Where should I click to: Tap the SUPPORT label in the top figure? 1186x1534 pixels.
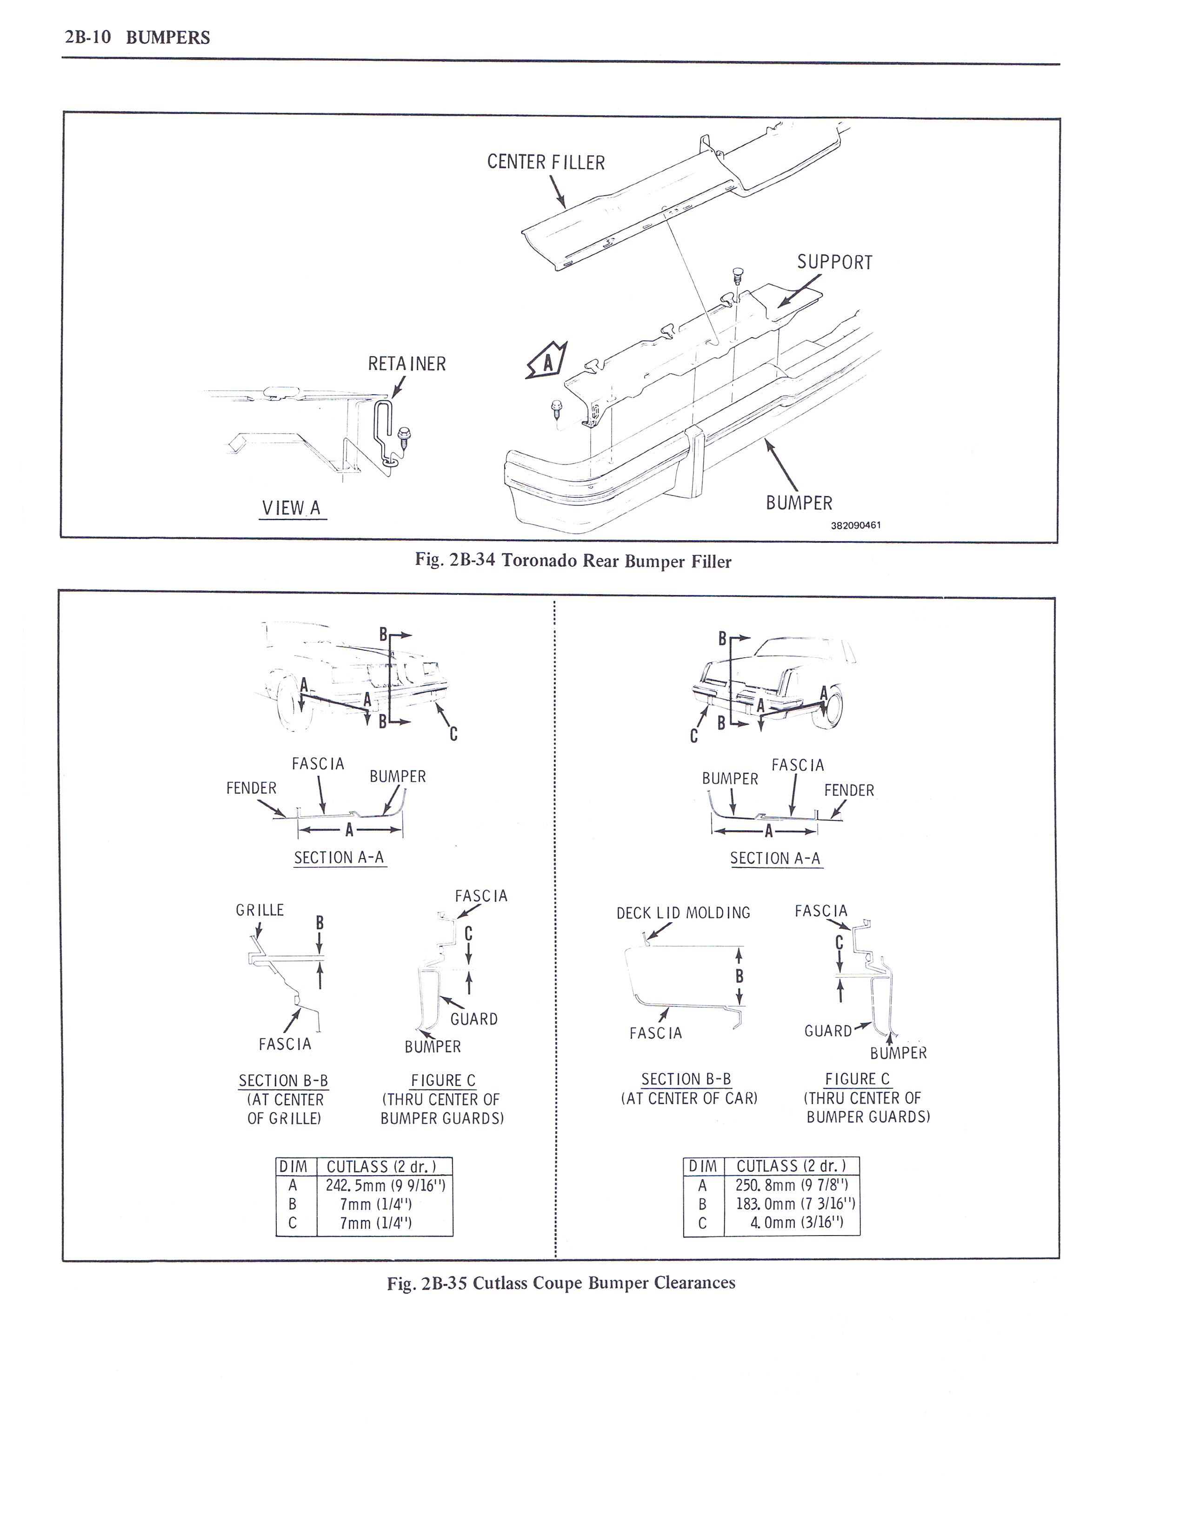coord(834,263)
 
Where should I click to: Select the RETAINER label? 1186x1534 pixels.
coord(407,364)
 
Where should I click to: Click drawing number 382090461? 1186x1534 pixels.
coord(855,525)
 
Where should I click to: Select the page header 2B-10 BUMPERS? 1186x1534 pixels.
coord(137,37)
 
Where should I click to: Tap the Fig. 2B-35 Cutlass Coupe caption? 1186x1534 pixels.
coord(561,1283)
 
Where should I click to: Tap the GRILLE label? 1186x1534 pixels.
coord(260,910)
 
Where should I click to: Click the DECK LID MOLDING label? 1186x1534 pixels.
coord(683,913)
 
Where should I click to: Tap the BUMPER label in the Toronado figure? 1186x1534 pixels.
coord(799,503)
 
